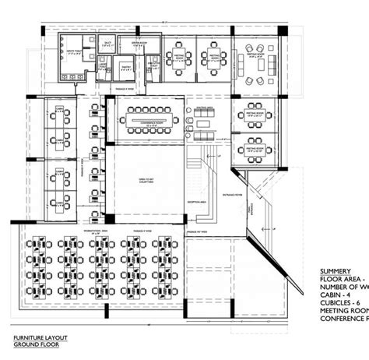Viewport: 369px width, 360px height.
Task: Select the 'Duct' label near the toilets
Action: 108,43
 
